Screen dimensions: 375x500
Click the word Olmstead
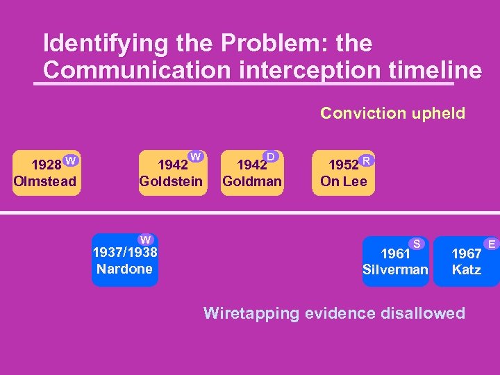click(x=44, y=182)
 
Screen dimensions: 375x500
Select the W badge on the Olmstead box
click(x=70, y=161)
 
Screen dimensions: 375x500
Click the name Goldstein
click(x=171, y=182)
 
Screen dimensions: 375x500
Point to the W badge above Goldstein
click(x=196, y=157)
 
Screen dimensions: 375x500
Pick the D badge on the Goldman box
click(x=272, y=157)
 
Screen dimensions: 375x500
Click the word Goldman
click(x=251, y=182)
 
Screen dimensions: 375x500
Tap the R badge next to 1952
click(x=367, y=161)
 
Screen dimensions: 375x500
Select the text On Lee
click(x=343, y=182)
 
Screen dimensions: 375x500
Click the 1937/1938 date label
click(x=125, y=253)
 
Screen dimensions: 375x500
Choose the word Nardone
click(x=125, y=269)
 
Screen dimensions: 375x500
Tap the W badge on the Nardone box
click(x=144, y=240)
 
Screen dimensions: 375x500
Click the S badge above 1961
click(x=417, y=243)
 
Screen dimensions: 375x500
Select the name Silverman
click(x=395, y=269)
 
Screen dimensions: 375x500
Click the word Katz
click(x=466, y=269)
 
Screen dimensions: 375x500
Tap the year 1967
click(x=466, y=253)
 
